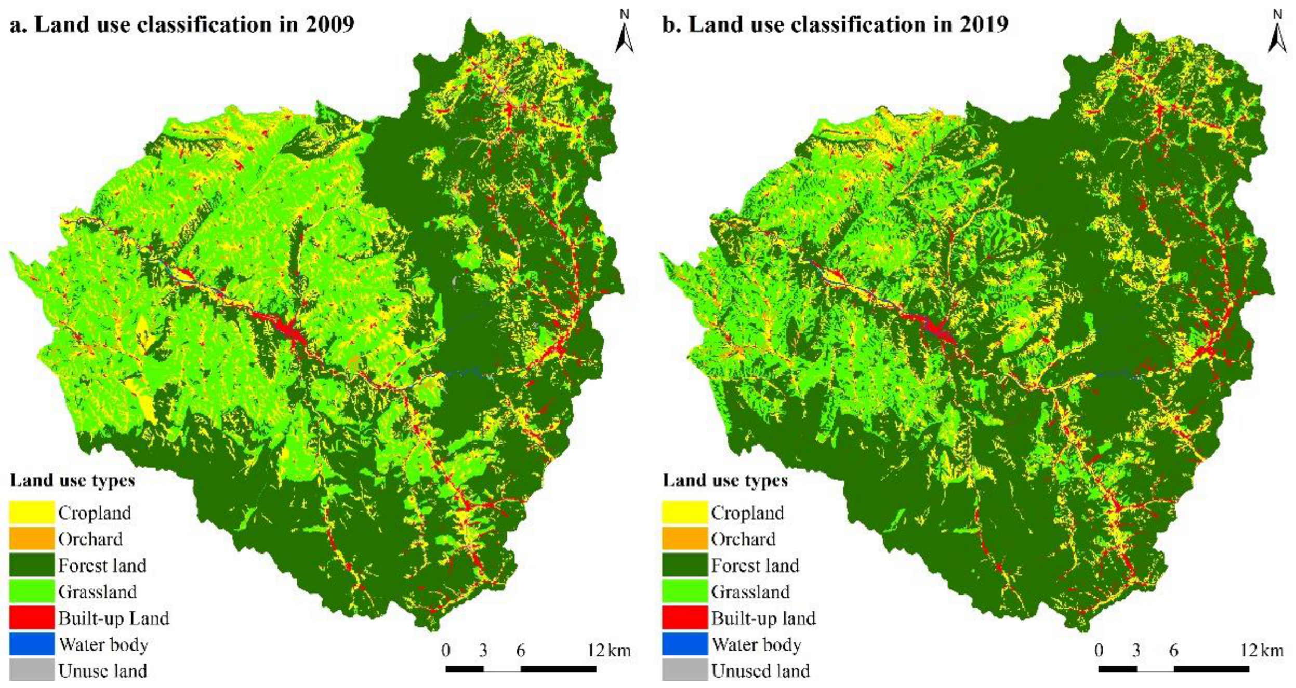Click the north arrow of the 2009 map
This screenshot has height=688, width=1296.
pos(624,34)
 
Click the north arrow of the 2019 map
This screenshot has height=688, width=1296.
pos(1277,34)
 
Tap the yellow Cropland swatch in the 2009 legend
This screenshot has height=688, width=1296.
pos(31,512)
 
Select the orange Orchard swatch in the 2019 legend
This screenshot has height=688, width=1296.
pos(684,538)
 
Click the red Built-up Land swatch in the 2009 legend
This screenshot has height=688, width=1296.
pos(31,617)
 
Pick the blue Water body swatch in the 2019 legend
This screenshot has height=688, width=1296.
pos(684,644)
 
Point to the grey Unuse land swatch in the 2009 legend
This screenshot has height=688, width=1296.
pos(31,670)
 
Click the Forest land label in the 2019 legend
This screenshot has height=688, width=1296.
pos(755,565)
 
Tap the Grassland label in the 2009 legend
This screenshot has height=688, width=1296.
pos(97,591)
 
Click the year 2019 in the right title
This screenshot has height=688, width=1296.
pos(983,24)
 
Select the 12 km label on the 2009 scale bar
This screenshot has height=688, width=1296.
pos(608,650)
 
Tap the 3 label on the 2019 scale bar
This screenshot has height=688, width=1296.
pos(1136,650)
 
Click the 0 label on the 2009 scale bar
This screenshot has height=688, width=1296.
pos(446,650)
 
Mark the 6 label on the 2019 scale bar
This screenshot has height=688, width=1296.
pos(1173,650)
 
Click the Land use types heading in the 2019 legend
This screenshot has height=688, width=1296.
pos(725,480)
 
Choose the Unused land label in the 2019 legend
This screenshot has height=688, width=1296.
pos(760,670)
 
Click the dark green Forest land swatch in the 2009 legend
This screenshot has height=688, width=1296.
pos(31,564)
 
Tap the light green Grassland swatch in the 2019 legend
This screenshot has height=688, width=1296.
pos(684,591)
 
